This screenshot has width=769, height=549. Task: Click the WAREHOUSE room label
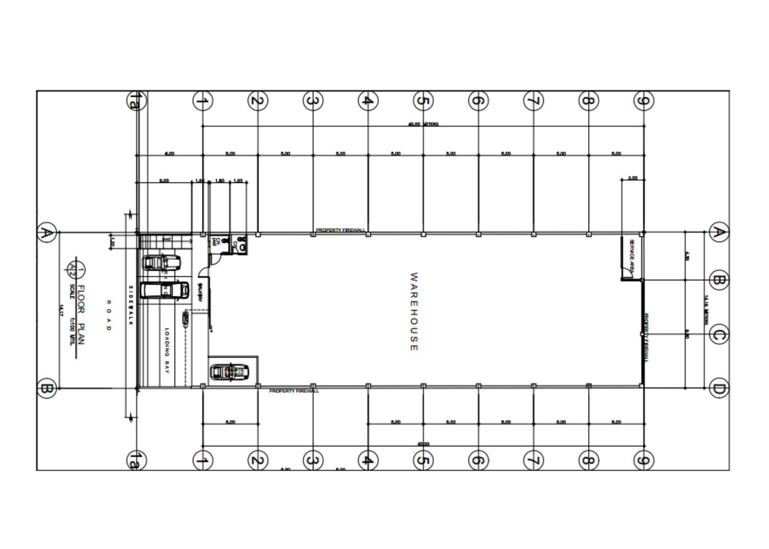(414, 312)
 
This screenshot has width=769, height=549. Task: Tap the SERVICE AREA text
(632, 256)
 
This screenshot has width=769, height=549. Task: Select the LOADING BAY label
(167, 350)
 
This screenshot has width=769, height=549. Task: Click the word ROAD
(109, 315)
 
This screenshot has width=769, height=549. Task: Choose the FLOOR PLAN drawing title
(81, 314)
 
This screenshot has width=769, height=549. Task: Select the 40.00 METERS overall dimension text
(423, 124)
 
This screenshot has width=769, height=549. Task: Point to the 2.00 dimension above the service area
(632, 178)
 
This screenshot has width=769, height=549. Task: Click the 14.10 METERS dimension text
(706, 310)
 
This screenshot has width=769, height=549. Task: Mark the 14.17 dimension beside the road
(61, 310)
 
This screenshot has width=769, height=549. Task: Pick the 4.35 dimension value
(687, 256)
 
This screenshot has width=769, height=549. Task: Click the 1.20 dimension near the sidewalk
(112, 241)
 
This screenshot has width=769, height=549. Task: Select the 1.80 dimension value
(220, 181)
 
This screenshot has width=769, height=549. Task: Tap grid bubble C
(718, 335)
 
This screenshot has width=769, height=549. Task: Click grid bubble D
(718, 389)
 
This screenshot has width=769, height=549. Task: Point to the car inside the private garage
(227, 371)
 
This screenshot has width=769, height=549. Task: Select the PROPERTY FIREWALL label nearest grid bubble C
(646, 337)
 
